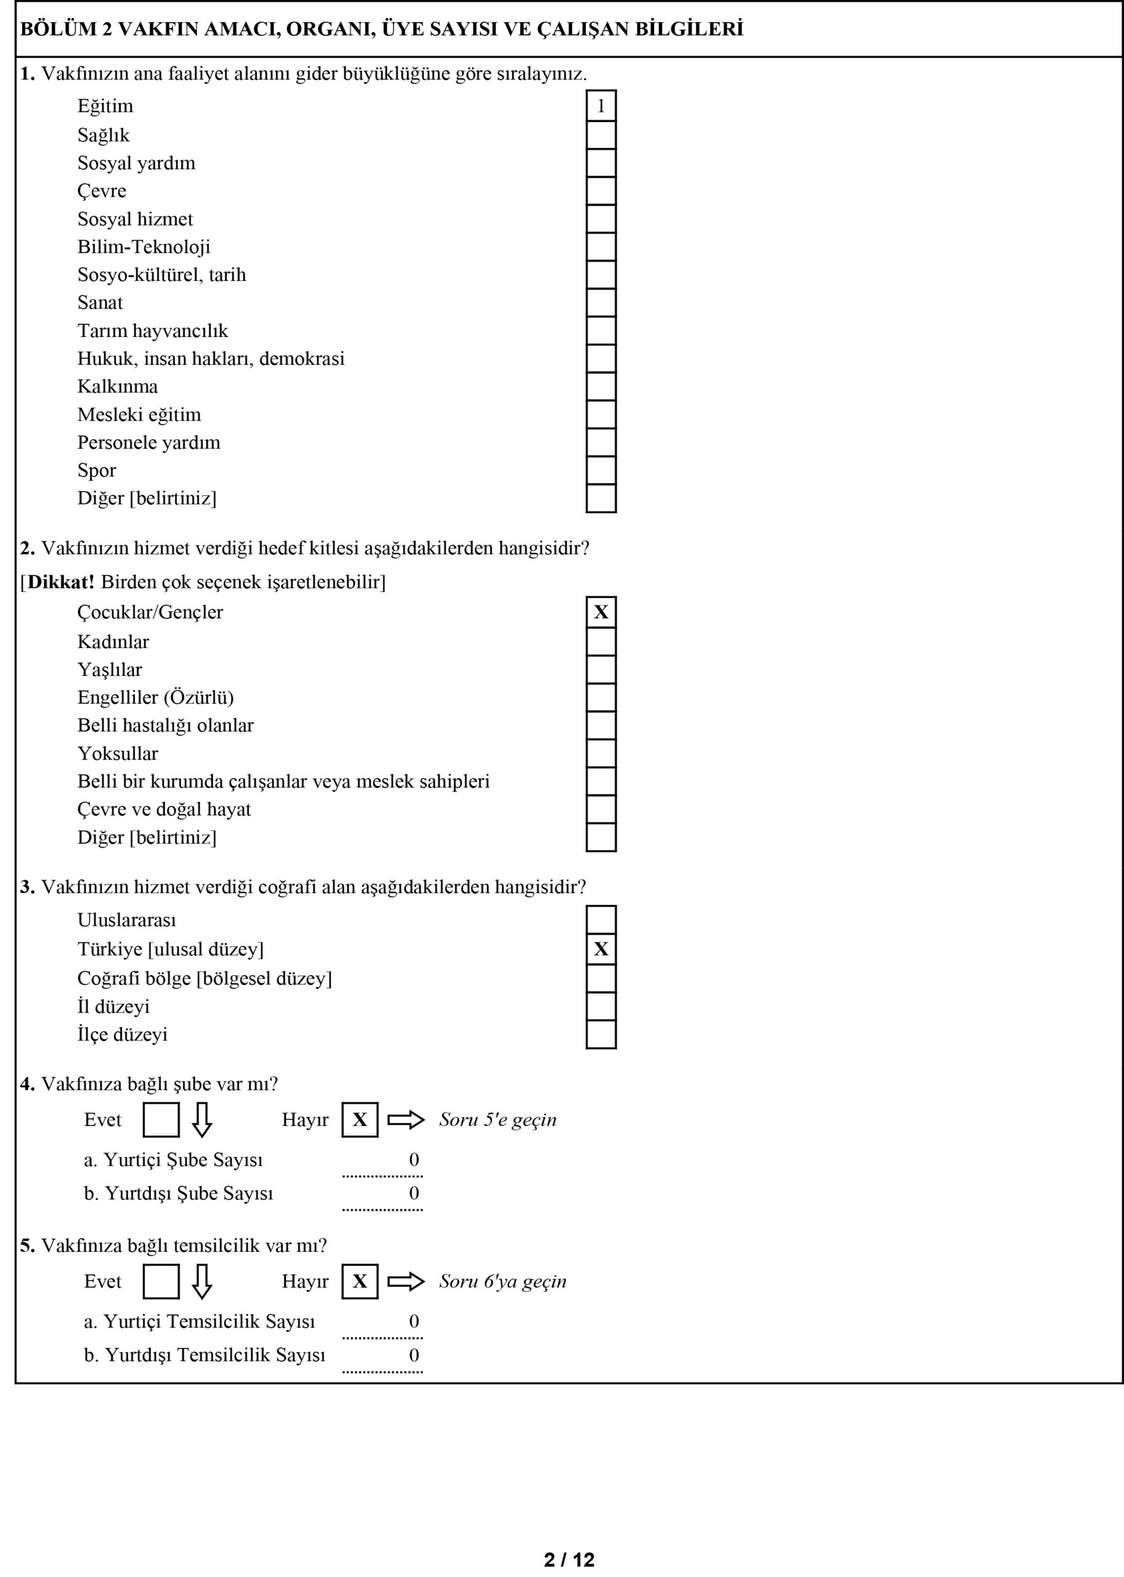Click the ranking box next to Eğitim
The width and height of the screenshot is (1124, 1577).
coord(600,106)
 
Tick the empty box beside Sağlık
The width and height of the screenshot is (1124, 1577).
coord(600,135)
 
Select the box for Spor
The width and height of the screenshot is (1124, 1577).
coord(600,470)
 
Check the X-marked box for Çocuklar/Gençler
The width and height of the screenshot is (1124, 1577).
coord(600,612)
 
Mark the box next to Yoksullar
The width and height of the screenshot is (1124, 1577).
coord(600,753)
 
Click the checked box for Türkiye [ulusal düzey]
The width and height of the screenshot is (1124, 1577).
coord(600,949)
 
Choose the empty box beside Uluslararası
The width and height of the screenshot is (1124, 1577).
coord(600,920)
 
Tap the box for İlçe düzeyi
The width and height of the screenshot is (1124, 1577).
coord(600,1034)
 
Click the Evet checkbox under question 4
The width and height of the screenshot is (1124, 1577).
coord(161,1120)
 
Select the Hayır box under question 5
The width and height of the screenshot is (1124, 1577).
coord(360,1281)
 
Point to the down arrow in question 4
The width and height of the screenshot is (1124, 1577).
coord(201,1120)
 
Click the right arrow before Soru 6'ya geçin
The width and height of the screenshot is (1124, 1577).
coord(406,1281)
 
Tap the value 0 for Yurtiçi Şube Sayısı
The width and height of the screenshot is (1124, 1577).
coord(414,1159)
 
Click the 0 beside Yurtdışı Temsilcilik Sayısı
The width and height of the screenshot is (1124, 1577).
coord(414,1355)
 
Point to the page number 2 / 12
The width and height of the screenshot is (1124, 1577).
coord(569,1560)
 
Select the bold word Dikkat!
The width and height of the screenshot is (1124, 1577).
coord(61,582)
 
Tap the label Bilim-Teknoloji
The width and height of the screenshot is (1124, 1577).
coord(144,247)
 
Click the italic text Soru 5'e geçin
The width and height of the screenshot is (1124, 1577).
coord(498,1120)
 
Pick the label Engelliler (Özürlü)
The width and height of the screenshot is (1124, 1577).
coord(156,697)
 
